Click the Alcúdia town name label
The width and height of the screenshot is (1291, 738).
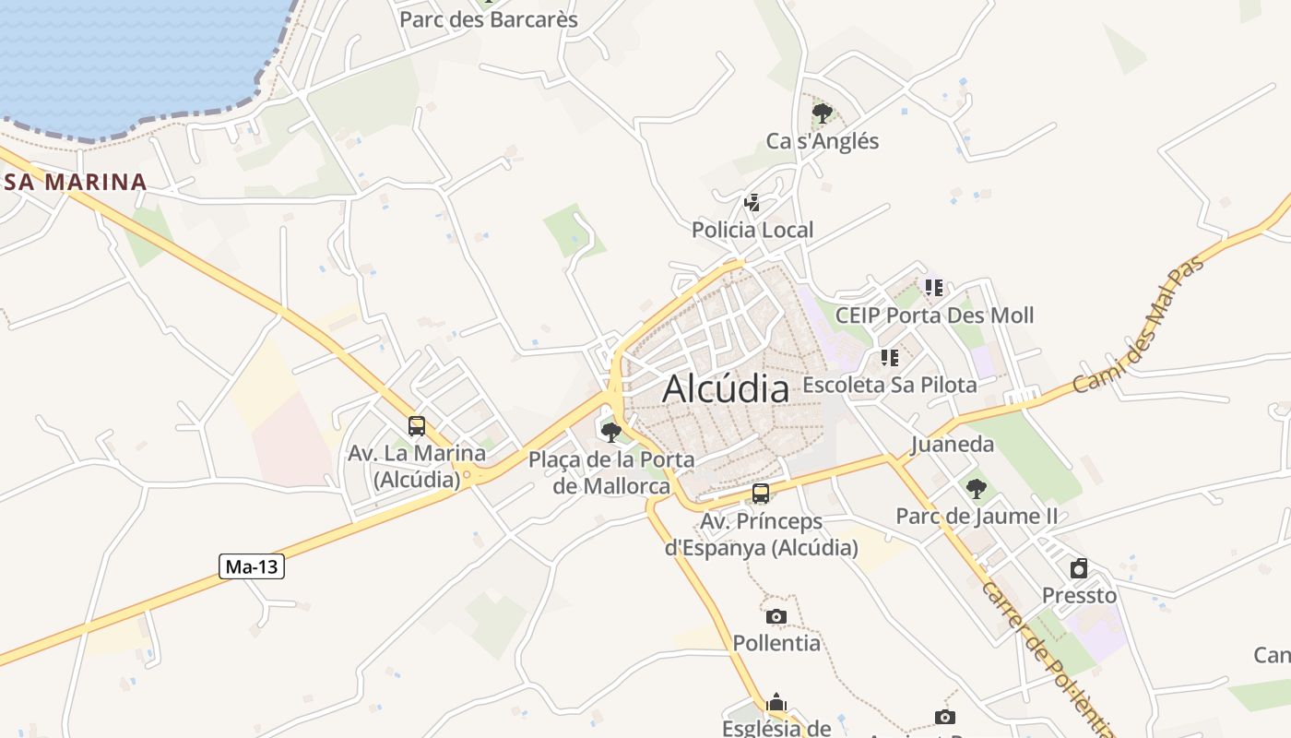click(726, 388)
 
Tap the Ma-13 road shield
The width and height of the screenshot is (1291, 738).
click(252, 566)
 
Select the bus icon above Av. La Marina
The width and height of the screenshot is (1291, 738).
click(417, 426)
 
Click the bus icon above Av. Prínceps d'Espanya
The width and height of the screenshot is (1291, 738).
click(761, 494)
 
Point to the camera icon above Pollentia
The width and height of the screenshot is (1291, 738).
click(776, 616)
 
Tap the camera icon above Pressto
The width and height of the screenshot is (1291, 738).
click(1079, 568)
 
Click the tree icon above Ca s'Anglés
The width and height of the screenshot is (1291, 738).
click(822, 113)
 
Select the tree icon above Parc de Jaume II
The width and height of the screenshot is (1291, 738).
click(976, 489)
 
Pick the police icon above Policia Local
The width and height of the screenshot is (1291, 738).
click(752, 203)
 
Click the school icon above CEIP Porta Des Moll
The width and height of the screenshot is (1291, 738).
click(934, 288)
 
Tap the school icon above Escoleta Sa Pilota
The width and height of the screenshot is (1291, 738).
click(889, 357)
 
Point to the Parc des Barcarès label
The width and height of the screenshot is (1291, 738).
click(489, 19)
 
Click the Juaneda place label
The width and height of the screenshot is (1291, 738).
click(953, 445)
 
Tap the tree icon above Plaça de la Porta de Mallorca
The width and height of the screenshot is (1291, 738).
click(610, 432)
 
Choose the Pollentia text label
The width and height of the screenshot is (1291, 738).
click(776, 643)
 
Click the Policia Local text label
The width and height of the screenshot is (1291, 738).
click(752, 230)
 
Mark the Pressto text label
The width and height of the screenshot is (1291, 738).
click(1079, 595)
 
